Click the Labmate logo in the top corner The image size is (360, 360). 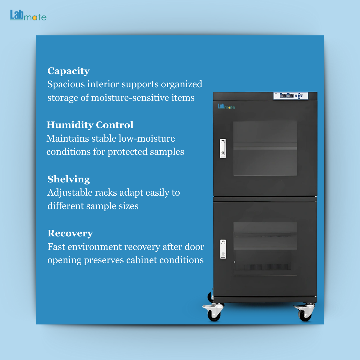(x=28, y=15)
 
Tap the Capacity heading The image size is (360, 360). (x=68, y=71)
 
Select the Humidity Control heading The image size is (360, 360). (x=90, y=125)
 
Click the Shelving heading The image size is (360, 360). (x=69, y=179)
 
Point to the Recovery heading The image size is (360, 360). (x=70, y=233)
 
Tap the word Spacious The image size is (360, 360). (x=66, y=84)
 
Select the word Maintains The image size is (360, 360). (x=67, y=138)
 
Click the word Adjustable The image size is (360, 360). (x=70, y=193)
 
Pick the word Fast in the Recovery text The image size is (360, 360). (x=56, y=247)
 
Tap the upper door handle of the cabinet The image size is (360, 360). (x=223, y=148)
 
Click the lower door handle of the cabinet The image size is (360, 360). (x=223, y=249)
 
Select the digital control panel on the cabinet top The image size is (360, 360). (x=291, y=96)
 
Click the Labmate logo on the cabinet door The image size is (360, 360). (x=226, y=106)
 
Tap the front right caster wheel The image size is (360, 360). (x=304, y=312)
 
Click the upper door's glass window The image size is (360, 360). (x=265, y=148)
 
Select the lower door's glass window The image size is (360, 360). (x=265, y=249)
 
